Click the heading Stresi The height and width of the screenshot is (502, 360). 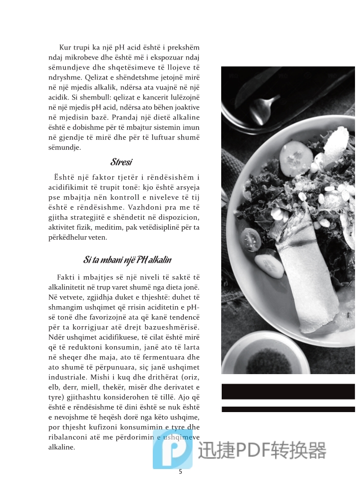[x=121, y=162]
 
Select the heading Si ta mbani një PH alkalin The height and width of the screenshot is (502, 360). [x=127, y=260]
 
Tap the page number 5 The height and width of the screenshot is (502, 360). [x=180, y=472]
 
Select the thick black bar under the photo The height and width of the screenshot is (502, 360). [x=288, y=391]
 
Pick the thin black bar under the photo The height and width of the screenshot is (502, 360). [x=288, y=409]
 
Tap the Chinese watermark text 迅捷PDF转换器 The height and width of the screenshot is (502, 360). [x=262, y=450]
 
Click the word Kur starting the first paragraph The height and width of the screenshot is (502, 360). [x=65, y=47]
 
